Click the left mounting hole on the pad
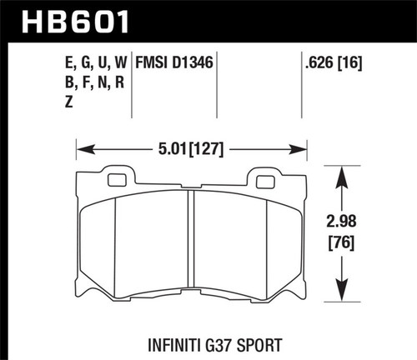coord(118,180)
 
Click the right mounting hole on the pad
coord(265,180)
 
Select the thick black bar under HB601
coord(208,38)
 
